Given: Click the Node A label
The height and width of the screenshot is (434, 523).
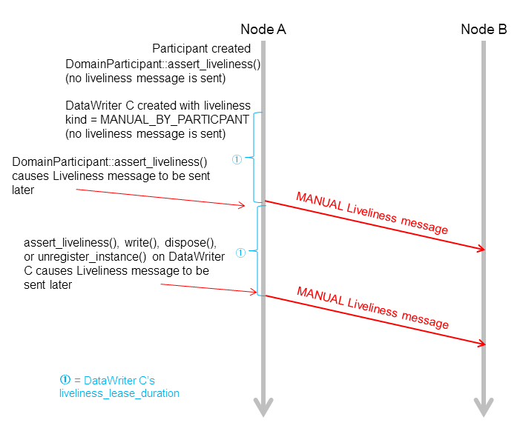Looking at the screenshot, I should tap(263, 30).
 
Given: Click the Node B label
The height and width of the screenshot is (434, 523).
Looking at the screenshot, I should tap(484, 30).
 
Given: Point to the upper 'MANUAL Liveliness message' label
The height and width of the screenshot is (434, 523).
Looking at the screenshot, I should tap(372, 213).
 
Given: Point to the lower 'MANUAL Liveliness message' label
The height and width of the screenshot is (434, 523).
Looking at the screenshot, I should tap(372, 307).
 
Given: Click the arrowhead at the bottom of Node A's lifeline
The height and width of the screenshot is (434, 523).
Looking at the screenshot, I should tap(263, 407).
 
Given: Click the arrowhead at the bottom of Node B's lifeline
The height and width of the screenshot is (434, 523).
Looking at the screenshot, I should tap(484, 407).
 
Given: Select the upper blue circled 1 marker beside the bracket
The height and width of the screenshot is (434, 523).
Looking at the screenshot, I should tap(237, 158).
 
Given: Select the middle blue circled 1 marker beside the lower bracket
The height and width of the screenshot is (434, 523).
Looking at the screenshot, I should tap(240, 253).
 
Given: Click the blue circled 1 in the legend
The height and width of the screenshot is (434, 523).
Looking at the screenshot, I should tap(65, 379).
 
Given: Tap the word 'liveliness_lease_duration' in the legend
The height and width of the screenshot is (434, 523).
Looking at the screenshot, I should tap(119, 393).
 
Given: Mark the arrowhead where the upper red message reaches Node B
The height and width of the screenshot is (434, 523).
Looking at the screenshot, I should tap(481, 250).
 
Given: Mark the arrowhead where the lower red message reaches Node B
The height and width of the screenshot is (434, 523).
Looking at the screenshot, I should tap(481, 343).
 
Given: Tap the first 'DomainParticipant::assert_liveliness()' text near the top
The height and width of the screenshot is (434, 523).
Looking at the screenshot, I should tap(163, 64).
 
